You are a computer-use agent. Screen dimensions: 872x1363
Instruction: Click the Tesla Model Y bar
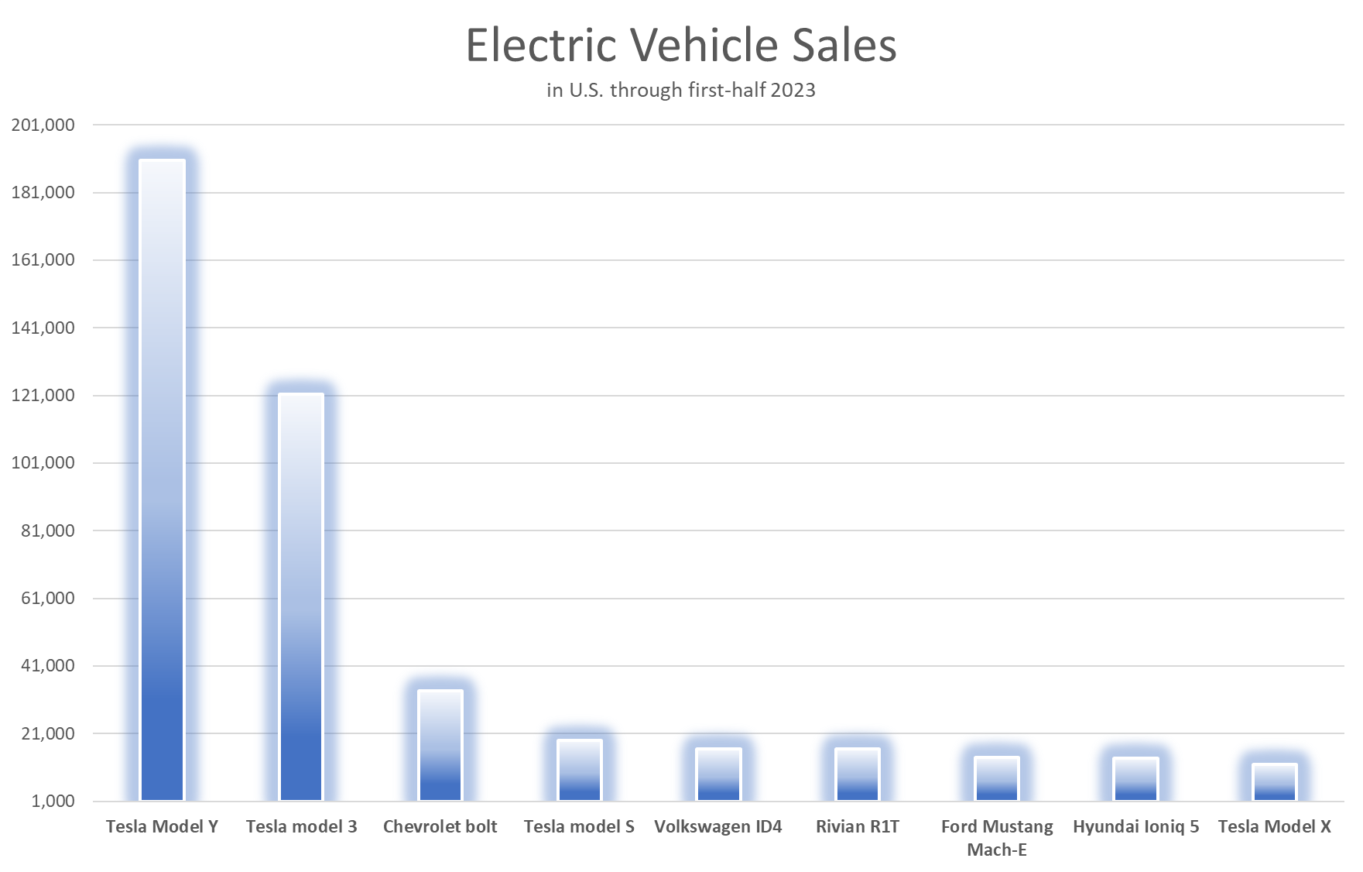tap(162, 480)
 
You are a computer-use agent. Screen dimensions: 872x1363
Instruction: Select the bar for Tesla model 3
tap(301, 596)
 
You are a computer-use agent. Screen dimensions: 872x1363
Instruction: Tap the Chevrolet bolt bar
tap(440, 745)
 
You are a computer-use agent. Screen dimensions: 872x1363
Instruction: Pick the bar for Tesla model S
tap(580, 770)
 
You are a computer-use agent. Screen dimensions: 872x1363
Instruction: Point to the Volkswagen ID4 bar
tap(718, 774)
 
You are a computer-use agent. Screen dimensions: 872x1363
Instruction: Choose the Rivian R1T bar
tap(858, 774)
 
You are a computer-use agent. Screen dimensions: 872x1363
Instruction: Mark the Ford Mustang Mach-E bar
tap(997, 778)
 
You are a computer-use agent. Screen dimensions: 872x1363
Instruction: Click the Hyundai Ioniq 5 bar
tap(1135, 779)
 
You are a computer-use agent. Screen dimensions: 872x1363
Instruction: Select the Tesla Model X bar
tap(1275, 782)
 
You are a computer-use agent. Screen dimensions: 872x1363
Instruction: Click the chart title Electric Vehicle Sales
tap(681, 45)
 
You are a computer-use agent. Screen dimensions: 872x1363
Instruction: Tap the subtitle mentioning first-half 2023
tap(681, 90)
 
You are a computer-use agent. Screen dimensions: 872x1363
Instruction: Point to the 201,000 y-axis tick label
tap(43, 125)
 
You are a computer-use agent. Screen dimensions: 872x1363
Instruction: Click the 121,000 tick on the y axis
tap(43, 395)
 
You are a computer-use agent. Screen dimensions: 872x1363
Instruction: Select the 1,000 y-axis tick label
tap(53, 801)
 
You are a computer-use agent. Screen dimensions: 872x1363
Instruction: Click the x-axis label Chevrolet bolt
tap(440, 826)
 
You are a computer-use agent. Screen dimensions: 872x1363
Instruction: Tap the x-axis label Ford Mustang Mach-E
tap(997, 838)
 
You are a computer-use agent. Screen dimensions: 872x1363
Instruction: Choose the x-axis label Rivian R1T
tap(858, 826)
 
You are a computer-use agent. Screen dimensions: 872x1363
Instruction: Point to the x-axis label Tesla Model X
tap(1275, 826)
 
